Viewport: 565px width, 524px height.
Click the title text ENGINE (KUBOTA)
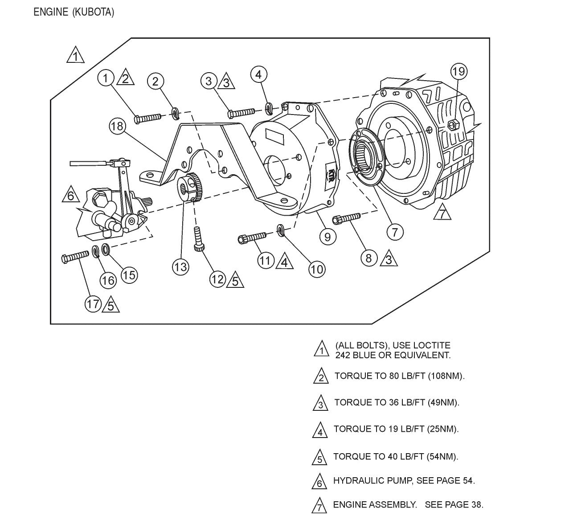pos(74,12)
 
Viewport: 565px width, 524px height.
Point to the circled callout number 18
pos(117,127)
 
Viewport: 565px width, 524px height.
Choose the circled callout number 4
pos(258,74)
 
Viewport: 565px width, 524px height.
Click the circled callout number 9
pos(328,236)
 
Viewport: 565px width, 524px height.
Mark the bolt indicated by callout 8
pos(347,218)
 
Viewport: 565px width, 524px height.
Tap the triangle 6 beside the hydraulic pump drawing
pos(70,195)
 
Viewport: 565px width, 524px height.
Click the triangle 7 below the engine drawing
pos(442,213)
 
